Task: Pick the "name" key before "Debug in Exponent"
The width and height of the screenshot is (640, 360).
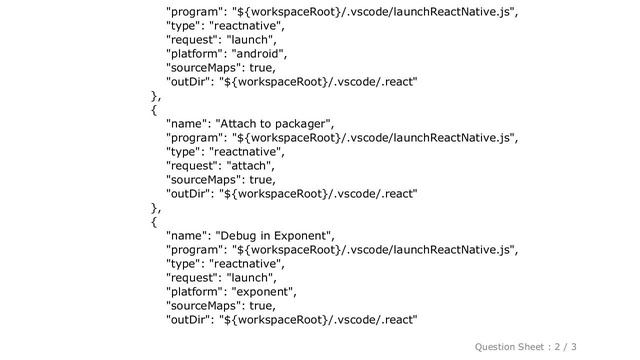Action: (187, 235)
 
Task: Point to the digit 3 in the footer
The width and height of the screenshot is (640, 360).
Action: (603, 346)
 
